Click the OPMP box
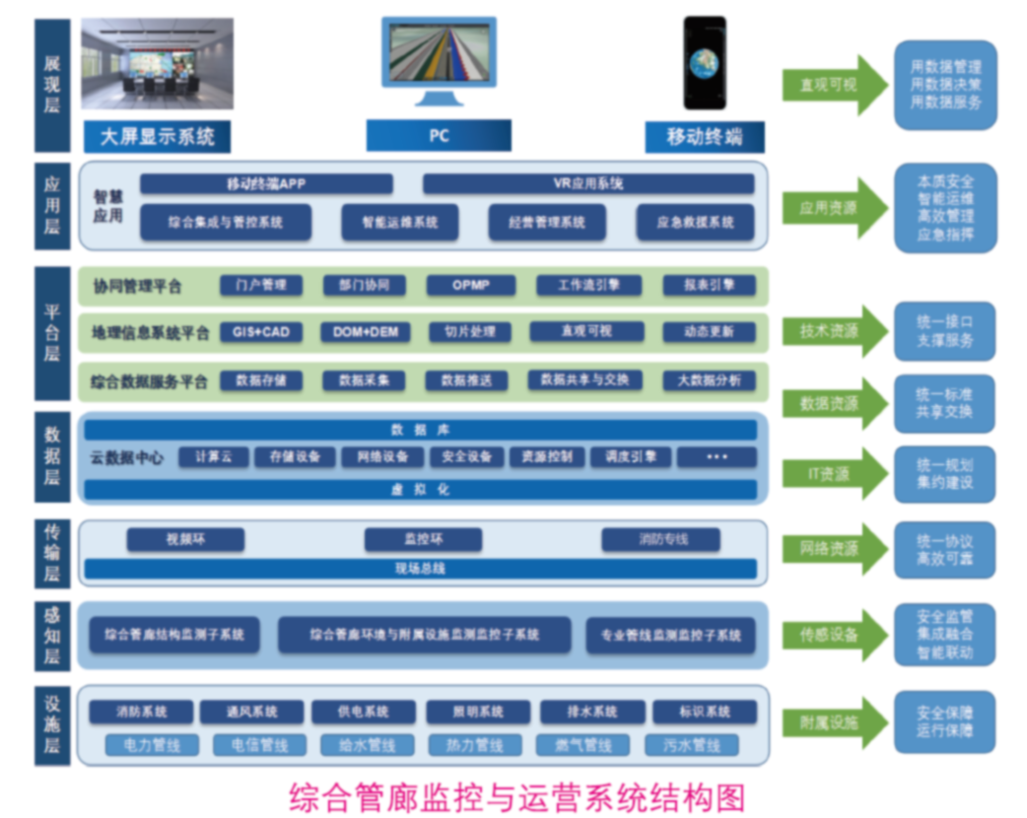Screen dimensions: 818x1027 pos(471,286)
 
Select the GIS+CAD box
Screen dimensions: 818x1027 pos(261,332)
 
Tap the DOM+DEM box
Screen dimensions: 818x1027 pos(366,332)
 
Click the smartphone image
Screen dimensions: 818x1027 pos(705,63)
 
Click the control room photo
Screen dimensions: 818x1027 pos(158,63)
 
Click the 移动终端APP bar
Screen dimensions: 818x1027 pos(266,184)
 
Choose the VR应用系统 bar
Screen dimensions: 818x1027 pos(588,184)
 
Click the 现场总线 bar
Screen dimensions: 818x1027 pos(421,569)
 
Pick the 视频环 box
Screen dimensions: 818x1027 pos(185,540)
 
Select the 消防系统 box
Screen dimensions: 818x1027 pos(142,712)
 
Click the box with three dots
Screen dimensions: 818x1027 pos(718,457)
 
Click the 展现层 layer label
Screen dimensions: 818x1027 pos(52,83)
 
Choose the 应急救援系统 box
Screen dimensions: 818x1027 pos(695,223)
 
